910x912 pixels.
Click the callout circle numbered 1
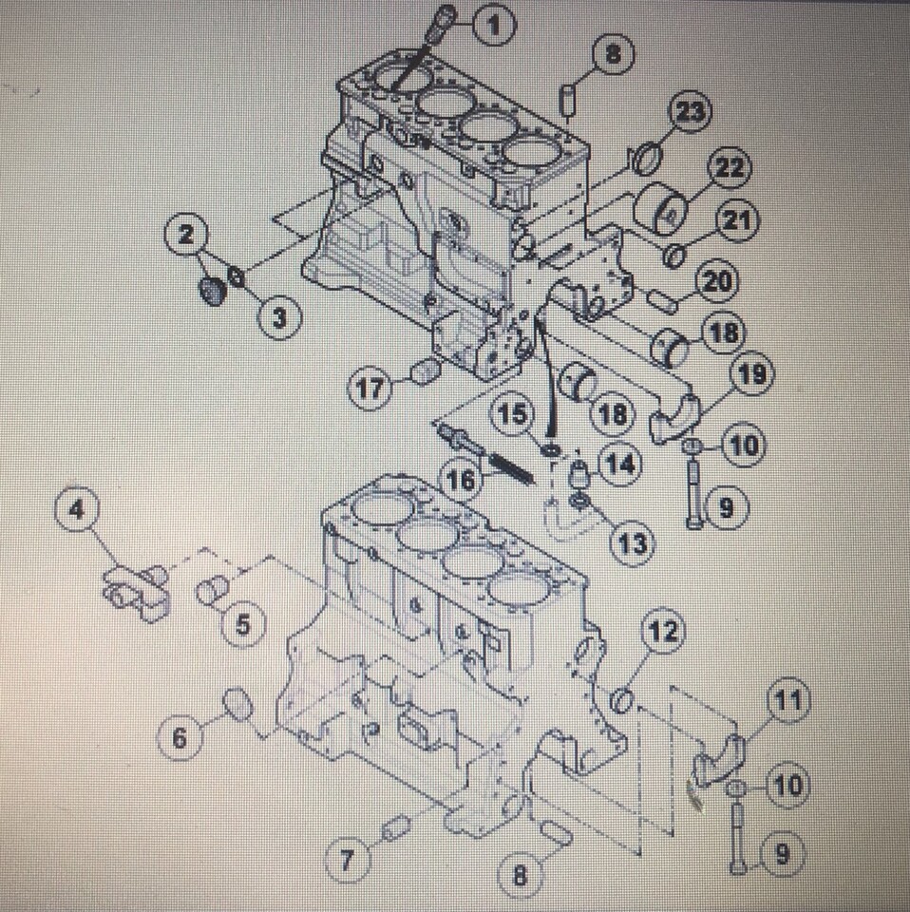point(491,26)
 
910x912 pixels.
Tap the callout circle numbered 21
point(736,221)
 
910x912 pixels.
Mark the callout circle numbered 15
point(513,414)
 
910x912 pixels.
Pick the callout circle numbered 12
point(663,632)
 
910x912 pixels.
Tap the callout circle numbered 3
point(277,318)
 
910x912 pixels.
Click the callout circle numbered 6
point(180,737)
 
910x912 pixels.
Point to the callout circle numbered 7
point(347,861)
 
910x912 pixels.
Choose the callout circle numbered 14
point(619,465)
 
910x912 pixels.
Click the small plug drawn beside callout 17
point(425,371)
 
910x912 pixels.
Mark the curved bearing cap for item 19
point(675,417)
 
